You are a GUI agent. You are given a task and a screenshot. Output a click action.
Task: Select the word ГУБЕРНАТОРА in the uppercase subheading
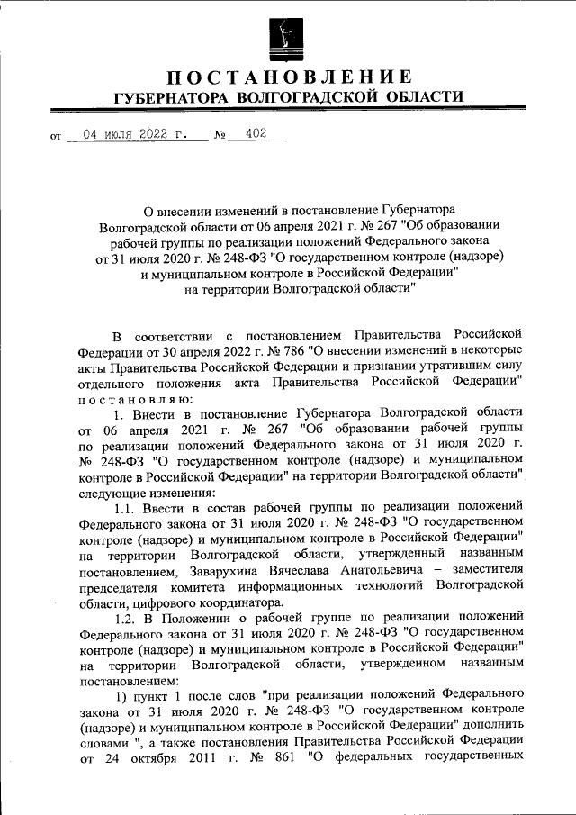click(x=165, y=97)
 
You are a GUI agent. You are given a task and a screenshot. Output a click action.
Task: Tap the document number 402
click(x=256, y=135)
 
